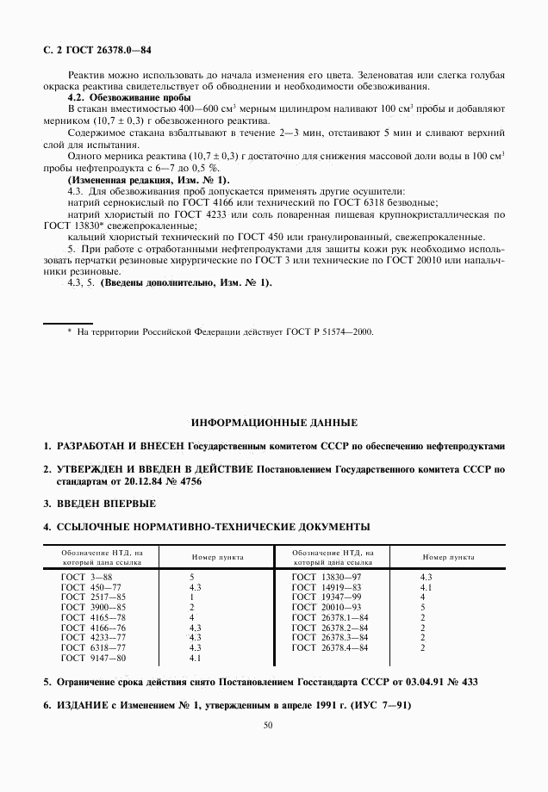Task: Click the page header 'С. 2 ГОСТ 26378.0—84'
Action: pyautogui.click(x=90, y=51)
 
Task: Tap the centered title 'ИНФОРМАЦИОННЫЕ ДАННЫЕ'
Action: pyautogui.click(x=273, y=423)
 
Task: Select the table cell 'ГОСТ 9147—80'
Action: pyautogui.click(x=93, y=658)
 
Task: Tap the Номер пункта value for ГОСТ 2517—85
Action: pyautogui.click(x=191, y=597)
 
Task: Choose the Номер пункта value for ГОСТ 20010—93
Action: pyautogui.click(x=422, y=607)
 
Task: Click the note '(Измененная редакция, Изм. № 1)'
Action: pyautogui.click(x=148, y=179)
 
